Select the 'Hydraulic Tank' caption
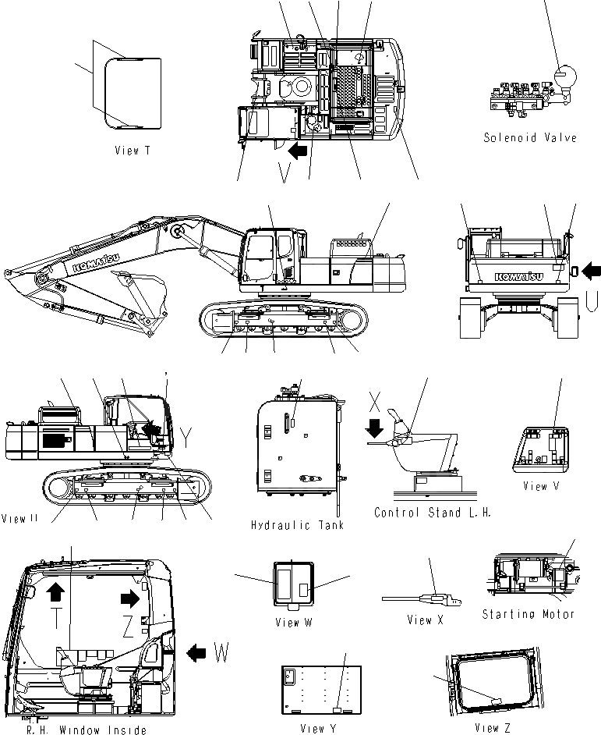[297, 525]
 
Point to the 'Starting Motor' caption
[528, 614]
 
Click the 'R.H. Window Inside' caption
[86, 730]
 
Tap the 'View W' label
[293, 623]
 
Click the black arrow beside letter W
[197, 650]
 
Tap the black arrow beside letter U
[592, 271]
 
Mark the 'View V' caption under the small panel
[546, 486]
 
